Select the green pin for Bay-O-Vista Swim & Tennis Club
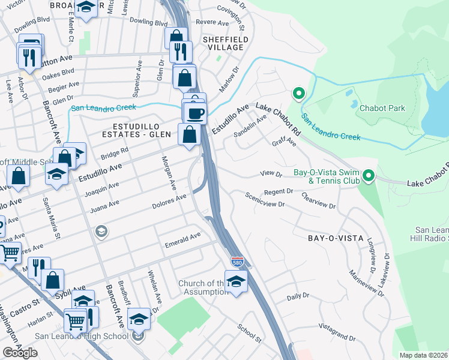(x=369, y=176)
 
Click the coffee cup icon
(x=196, y=112)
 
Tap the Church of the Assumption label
(x=201, y=288)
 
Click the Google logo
(x=20, y=352)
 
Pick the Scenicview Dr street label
(x=264, y=200)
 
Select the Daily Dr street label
(x=298, y=296)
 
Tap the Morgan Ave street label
(x=167, y=170)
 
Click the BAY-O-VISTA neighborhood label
(x=336, y=238)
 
